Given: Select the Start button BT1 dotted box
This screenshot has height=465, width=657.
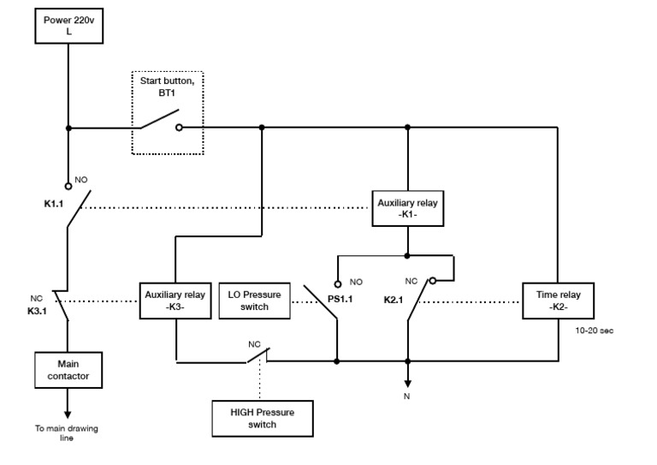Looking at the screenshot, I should click(x=167, y=113).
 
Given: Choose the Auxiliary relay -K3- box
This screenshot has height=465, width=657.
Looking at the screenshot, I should click(x=175, y=301).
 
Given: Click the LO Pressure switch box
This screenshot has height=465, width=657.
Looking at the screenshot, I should click(x=256, y=301).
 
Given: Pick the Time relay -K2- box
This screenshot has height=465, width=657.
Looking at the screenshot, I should click(x=559, y=301).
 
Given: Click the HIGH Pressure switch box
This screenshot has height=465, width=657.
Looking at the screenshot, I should click(x=262, y=418).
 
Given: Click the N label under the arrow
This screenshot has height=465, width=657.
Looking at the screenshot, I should click(x=408, y=397).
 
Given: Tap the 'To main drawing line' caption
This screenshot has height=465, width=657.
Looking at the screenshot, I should click(x=67, y=432).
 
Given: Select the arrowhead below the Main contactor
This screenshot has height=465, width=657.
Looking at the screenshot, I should click(x=68, y=414).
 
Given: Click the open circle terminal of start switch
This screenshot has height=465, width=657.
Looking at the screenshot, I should click(x=179, y=128).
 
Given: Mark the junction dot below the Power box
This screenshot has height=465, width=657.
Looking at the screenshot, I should click(x=68, y=128).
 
